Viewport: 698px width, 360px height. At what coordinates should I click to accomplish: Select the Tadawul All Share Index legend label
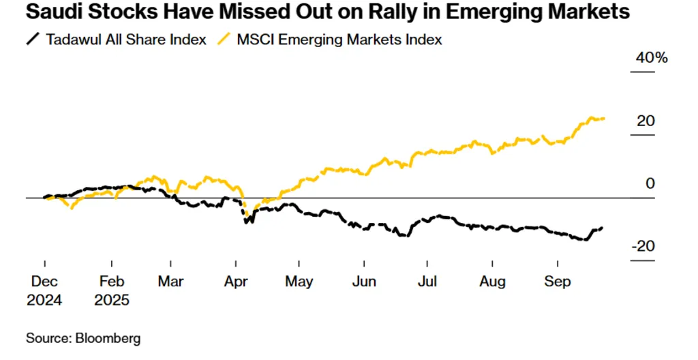point(126,40)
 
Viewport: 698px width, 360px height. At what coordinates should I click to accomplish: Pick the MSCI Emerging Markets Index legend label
point(339,40)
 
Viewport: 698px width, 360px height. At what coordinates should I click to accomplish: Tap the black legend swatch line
point(32,40)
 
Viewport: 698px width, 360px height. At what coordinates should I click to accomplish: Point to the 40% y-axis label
point(651,58)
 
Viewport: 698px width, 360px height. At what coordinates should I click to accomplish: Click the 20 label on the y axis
point(646,121)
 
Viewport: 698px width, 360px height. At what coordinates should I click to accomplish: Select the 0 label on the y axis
point(650,183)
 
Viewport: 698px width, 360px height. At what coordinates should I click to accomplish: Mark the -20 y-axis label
point(642,246)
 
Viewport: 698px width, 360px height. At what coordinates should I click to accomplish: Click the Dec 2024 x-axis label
point(45,290)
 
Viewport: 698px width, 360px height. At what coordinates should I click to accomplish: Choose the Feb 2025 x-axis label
point(112,290)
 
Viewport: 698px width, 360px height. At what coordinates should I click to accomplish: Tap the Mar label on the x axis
point(171,281)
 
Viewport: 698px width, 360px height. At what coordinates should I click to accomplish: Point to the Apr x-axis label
point(235,281)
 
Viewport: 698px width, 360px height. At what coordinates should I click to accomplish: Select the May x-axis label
point(299,281)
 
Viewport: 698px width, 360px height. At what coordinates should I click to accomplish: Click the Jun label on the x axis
point(364,281)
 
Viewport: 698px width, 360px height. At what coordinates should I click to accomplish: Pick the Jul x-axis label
point(427,281)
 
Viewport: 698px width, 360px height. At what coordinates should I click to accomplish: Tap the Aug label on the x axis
point(492,281)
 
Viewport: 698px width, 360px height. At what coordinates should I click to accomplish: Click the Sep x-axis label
point(558,281)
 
